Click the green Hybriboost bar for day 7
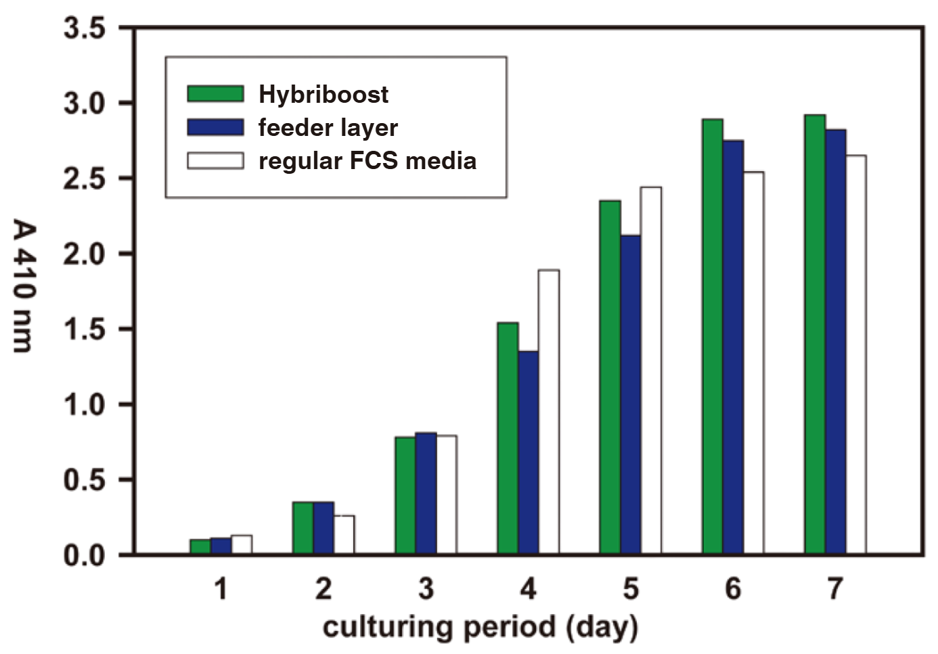[815, 335]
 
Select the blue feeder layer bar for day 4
[528, 452]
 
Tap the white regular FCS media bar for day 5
[650, 371]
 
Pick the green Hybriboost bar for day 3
[405, 496]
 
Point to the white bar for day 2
[344, 535]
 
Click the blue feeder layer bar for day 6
[733, 348]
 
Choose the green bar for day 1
[200, 547]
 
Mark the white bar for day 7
[855, 355]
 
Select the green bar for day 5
[610, 377]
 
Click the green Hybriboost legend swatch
[215, 94]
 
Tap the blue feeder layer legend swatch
[215, 127]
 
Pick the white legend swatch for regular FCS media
[215, 160]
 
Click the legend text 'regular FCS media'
[367, 161]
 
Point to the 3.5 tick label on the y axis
[85, 28]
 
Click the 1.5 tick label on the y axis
[85, 329]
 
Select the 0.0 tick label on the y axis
[85, 555]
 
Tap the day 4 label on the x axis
[528, 589]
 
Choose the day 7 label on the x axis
[835, 589]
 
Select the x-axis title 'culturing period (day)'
[480, 628]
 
